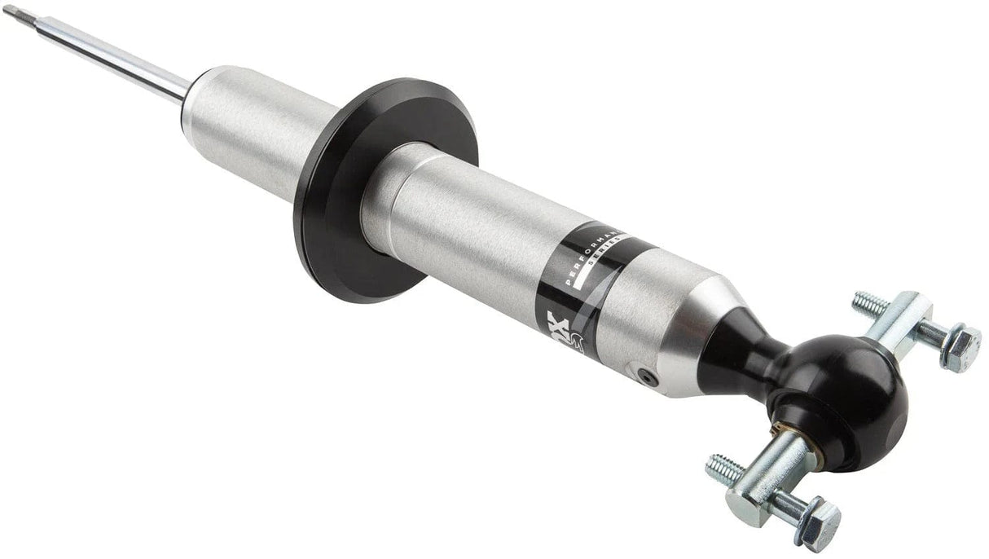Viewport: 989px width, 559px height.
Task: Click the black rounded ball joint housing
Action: pyautogui.click(x=855, y=391)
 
